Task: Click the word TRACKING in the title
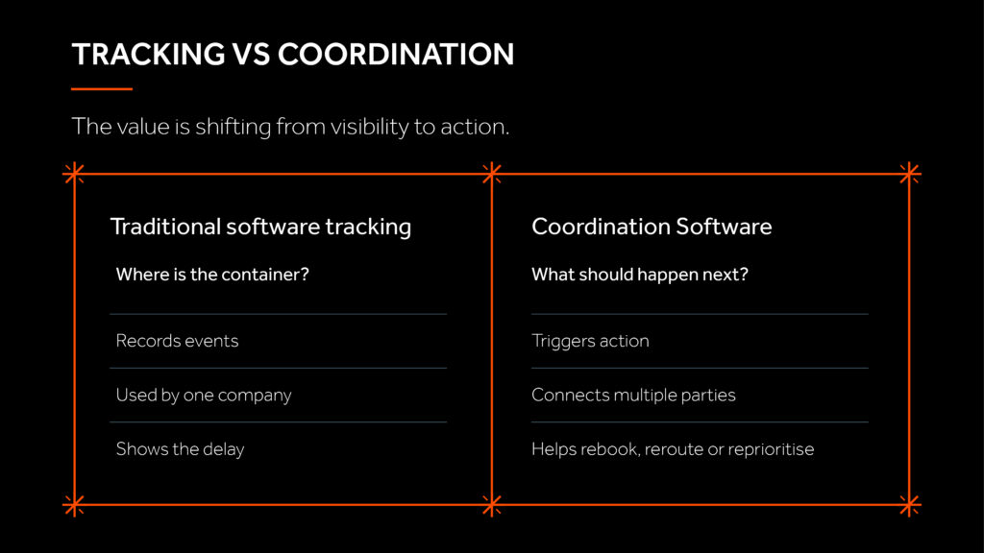coord(148,55)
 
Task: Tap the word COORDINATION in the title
coord(396,55)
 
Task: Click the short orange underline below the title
coord(102,89)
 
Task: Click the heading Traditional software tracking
coord(260,227)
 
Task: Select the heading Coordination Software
coord(652,227)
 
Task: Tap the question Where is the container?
coord(212,275)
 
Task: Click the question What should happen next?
coord(639,275)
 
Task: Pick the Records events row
coord(177,341)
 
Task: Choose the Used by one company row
coord(204,395)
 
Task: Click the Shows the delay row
coord(180,449)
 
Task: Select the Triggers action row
coord(590,341)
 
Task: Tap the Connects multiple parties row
coord(633,395)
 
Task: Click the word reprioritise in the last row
coord(771,449)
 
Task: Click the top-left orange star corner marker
coord(74,174)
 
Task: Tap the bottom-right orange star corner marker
coord(909,505)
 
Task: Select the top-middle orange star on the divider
coord(492,174)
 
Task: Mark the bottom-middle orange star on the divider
coord(492,505)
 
